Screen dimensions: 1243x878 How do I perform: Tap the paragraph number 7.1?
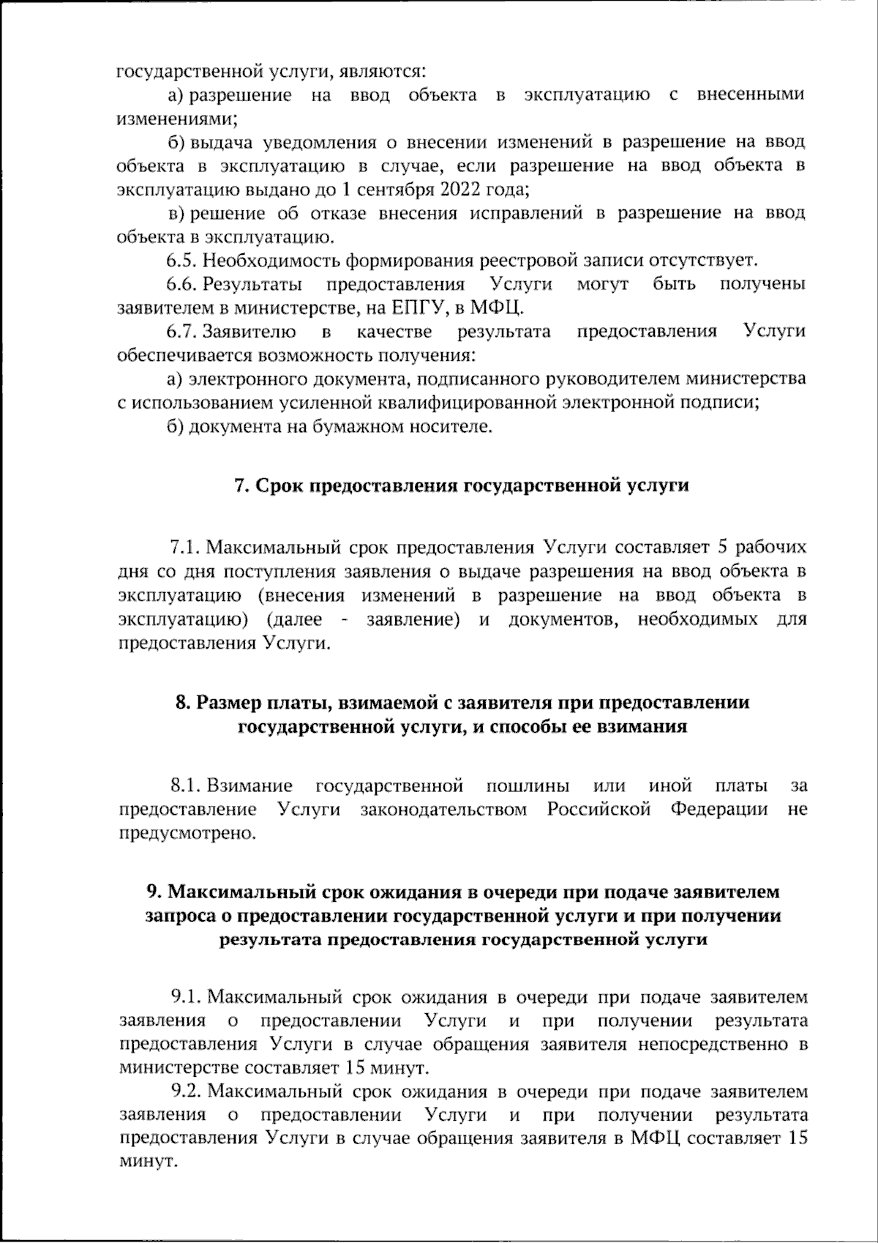pyautogui.click(x=186, y=548)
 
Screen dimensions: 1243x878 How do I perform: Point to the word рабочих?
pyautogui.click(x=770, y=548)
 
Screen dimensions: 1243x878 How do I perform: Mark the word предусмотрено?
pyautogui.click(x=187, y=834)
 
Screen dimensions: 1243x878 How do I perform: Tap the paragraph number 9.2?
pyautogui.click(x=186, y=1091)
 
